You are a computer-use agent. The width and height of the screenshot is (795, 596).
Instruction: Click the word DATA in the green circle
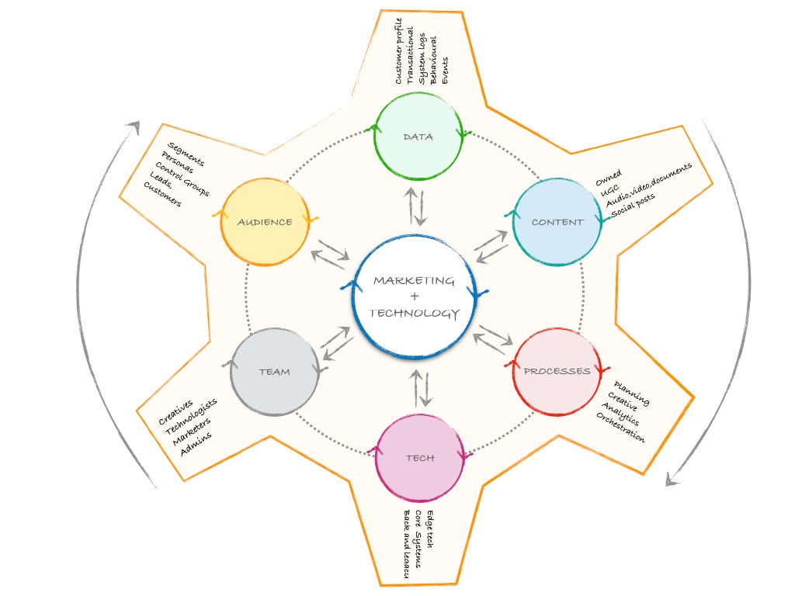tap(418, 137)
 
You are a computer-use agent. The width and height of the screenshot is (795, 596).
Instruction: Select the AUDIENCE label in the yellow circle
tap(265, 222)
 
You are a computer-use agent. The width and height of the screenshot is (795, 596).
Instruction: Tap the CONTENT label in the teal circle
tap(557, 222)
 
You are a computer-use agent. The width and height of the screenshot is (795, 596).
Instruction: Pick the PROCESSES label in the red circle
tap(557, 371)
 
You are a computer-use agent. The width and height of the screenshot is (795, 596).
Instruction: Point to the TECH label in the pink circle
tap(420, 458)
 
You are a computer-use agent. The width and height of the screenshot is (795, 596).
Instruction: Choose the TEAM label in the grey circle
tap(274, 372)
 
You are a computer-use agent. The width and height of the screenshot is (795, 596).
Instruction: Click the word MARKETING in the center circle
tap(414, 281)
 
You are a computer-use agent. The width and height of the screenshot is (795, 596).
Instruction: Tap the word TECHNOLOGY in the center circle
tap(414, 314)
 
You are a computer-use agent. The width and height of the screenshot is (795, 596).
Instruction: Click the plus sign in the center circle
tap(415, 296)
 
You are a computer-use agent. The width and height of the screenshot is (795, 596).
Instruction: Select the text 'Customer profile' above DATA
tap(398, 51)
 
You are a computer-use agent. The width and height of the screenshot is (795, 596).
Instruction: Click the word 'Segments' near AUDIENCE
tap(186, 154)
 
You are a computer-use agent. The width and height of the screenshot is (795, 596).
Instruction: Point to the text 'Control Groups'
tap(182, 179)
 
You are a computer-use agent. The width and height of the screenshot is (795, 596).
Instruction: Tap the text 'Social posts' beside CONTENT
tap(633, 205)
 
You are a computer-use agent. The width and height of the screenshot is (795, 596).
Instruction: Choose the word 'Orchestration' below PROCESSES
tap(620, 428)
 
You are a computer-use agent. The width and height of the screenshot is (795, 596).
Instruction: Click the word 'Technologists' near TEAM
tap(191, 417)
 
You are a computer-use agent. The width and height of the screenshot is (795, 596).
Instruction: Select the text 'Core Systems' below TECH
tap(418, 539)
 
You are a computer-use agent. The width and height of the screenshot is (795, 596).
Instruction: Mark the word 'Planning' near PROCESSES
tap(631, 393)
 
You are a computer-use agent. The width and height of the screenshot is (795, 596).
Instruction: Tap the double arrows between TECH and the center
tap(421, 389)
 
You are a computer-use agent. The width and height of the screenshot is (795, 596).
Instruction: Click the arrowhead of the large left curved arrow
tap(134, 126)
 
